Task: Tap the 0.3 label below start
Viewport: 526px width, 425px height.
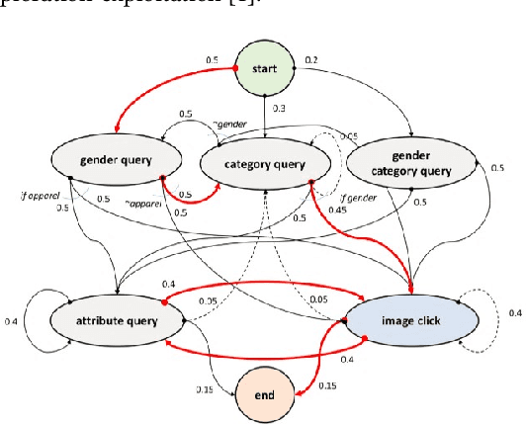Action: [277, 109]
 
